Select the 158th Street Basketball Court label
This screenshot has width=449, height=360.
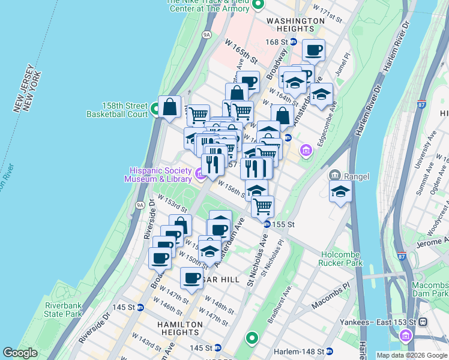point(117,109)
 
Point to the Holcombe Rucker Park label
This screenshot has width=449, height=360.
point(342,259)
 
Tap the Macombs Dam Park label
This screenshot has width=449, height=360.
point(429,289)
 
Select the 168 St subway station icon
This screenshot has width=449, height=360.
point(294,42)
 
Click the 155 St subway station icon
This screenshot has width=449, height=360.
point(267,224)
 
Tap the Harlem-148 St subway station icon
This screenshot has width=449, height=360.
point(330,351)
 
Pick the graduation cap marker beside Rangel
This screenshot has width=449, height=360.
point(340,191)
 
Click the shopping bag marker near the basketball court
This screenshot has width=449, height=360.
point(170,107)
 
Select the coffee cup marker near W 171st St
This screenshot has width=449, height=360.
point(313,50)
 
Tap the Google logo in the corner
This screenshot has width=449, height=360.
point(20,353)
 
